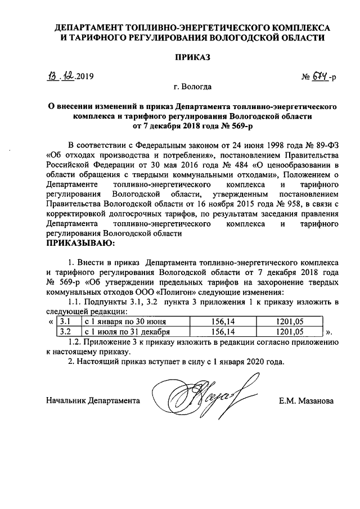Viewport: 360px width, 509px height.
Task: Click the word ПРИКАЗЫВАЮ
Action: coord(79,244)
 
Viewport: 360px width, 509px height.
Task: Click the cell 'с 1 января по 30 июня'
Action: coord(125,321)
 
